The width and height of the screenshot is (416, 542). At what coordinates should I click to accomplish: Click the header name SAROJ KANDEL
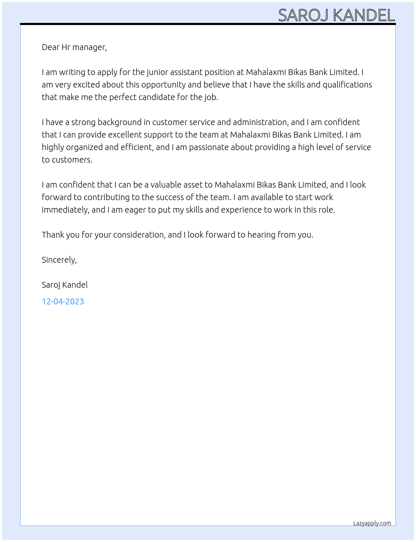[336, 15]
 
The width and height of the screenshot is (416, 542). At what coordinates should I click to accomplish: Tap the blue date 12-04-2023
[63, 301]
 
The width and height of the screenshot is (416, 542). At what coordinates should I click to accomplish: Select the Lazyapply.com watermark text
[372, 523]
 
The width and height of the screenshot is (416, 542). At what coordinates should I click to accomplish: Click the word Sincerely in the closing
[58, 260]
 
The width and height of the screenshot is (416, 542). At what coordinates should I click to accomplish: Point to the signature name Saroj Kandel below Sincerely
[65, 285]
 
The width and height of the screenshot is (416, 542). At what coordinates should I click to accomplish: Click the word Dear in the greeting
[51, 47]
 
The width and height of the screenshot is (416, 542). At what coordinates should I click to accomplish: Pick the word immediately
[65, 210]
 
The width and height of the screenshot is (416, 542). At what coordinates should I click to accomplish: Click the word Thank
[53, 235]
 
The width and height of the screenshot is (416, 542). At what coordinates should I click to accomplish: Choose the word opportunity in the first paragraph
[163, 85]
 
